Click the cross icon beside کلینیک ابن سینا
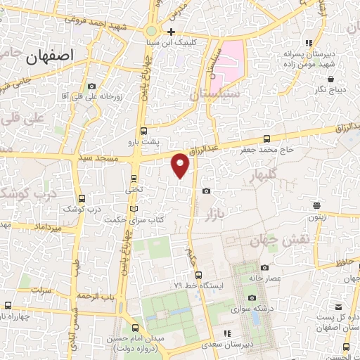click(172, 32)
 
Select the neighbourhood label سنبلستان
click(215, 93)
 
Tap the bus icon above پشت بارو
click(143, 130)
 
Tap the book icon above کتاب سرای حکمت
click(134, 209)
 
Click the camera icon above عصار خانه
click(262, 268)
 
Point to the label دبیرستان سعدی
click(226, 345)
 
